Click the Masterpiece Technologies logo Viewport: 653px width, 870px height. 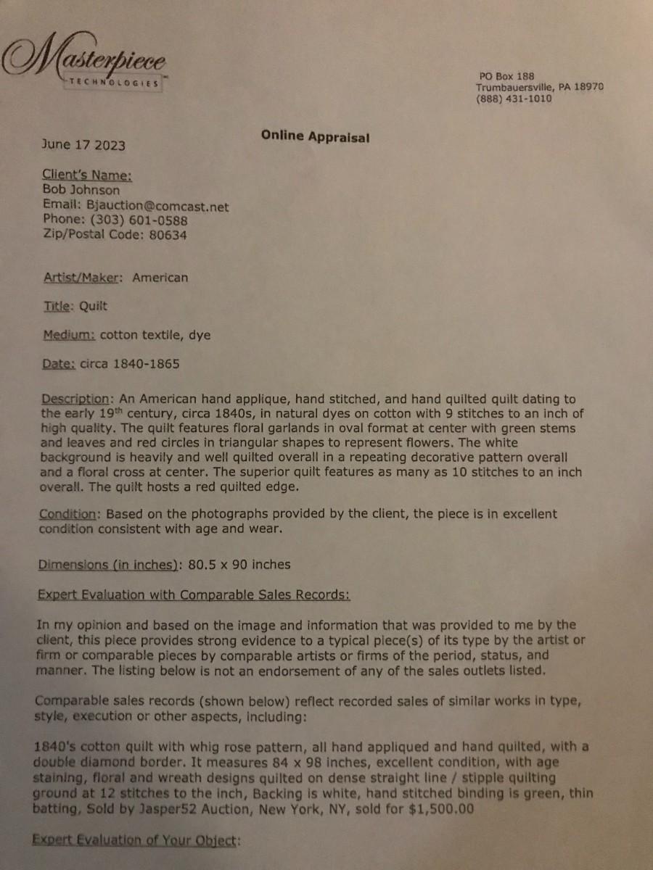click(x=86, y=65)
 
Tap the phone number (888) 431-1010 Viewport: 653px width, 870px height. click(x=514, y=99)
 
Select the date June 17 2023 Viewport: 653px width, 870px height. click(x=83, y=145)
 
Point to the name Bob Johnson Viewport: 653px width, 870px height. click(x=81, y=191)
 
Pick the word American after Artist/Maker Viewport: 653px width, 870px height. click(x=160, y=278)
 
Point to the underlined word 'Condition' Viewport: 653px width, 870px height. click(x=67, y=514)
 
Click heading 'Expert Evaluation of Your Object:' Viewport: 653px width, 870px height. click(x=135, y=841)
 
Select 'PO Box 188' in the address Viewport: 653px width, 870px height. click(x=506, y=75)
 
